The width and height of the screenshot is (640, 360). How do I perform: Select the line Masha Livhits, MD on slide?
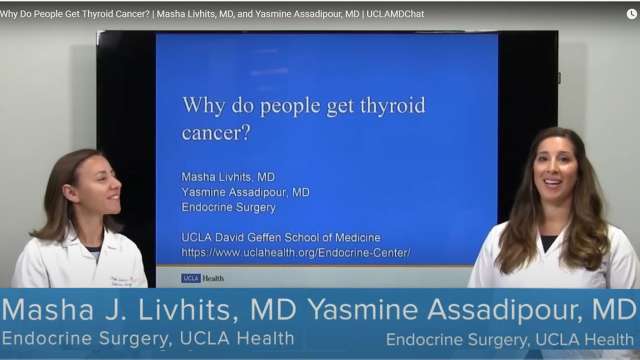pos(229,176)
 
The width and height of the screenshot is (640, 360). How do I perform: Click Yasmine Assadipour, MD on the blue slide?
pos(245,192)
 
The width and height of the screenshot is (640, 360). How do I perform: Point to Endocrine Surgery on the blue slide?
pos(227,207)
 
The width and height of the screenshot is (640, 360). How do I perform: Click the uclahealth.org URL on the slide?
pos(296,252)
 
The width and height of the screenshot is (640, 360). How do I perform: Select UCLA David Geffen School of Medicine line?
pos(281,238)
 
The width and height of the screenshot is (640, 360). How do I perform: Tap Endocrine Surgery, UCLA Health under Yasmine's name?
pos(511,339)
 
